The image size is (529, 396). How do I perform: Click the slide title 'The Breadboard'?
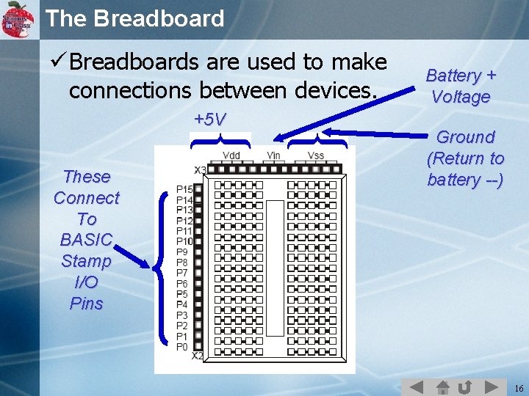135,18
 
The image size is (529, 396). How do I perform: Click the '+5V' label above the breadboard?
210,120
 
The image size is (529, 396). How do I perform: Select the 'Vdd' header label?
231,155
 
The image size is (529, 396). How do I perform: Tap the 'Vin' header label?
273,155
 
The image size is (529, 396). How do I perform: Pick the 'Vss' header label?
316,155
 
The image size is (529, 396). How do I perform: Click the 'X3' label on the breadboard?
200,170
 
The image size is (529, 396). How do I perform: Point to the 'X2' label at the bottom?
198,356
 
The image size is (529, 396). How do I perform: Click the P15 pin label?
184,189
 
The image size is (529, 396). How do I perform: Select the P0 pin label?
182,346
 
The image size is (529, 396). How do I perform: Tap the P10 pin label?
184,241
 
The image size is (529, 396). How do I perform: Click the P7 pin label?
182,273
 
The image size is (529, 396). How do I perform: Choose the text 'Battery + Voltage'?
461,86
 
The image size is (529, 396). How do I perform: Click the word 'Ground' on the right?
465,137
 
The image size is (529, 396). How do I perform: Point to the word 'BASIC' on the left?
86,240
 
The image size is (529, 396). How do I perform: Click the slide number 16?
519,387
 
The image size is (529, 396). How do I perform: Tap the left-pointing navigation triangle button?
416,386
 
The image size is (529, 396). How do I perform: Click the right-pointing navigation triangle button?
491,386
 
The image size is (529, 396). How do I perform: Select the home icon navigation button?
442,386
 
